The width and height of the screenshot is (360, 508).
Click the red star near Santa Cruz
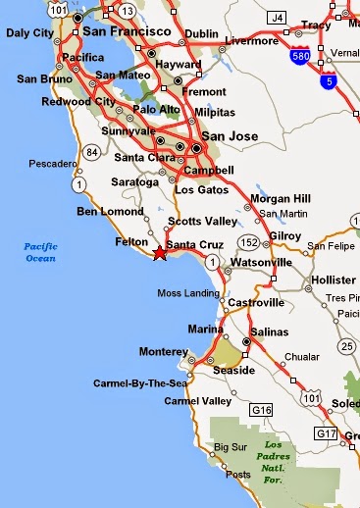coord(159,253)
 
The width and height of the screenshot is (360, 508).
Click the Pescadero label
coord(53,163)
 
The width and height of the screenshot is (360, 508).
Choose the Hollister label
coord(334,279)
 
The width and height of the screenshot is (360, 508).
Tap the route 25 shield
coord(344,346)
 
